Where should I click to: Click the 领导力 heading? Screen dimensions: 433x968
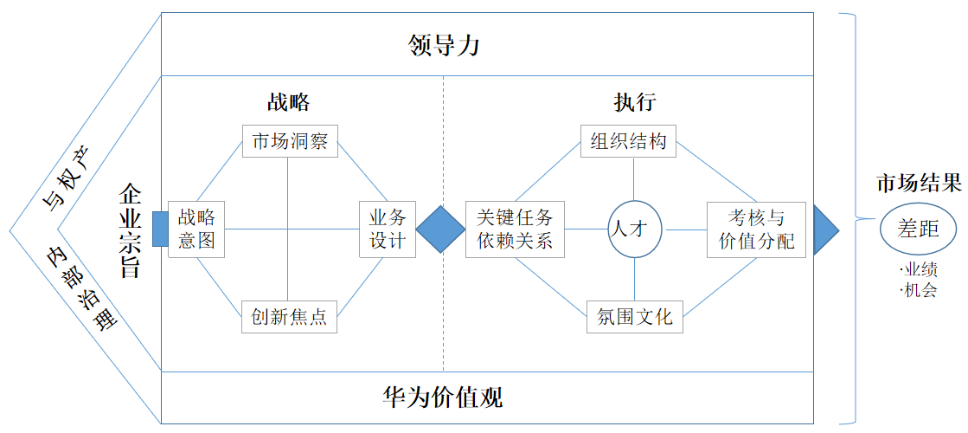pos(443,45)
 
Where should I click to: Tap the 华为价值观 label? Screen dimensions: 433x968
pos(443,397)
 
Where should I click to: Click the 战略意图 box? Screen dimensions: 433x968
pos(196,229)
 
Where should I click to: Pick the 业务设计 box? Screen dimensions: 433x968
pos(387,229)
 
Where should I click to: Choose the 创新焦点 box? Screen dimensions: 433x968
pos(289,317)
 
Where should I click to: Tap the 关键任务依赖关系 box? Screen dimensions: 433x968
pos(515,229)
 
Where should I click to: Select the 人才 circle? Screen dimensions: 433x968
pos(635,229)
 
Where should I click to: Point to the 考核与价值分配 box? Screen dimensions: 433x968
pos(756,229)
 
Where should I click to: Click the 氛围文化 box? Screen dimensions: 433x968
pos(635,317)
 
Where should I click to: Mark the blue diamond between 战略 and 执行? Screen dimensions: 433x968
pos(441,229)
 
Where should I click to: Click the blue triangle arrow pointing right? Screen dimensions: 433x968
pos(824,230)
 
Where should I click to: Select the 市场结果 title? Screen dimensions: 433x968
pos(918,184)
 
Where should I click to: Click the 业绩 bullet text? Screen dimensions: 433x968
pos(919,272)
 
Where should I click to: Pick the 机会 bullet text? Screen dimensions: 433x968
pos(919,290)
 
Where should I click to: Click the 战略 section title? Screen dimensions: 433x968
pos(288,102)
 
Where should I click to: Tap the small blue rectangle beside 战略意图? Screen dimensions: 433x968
pos(160,229)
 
